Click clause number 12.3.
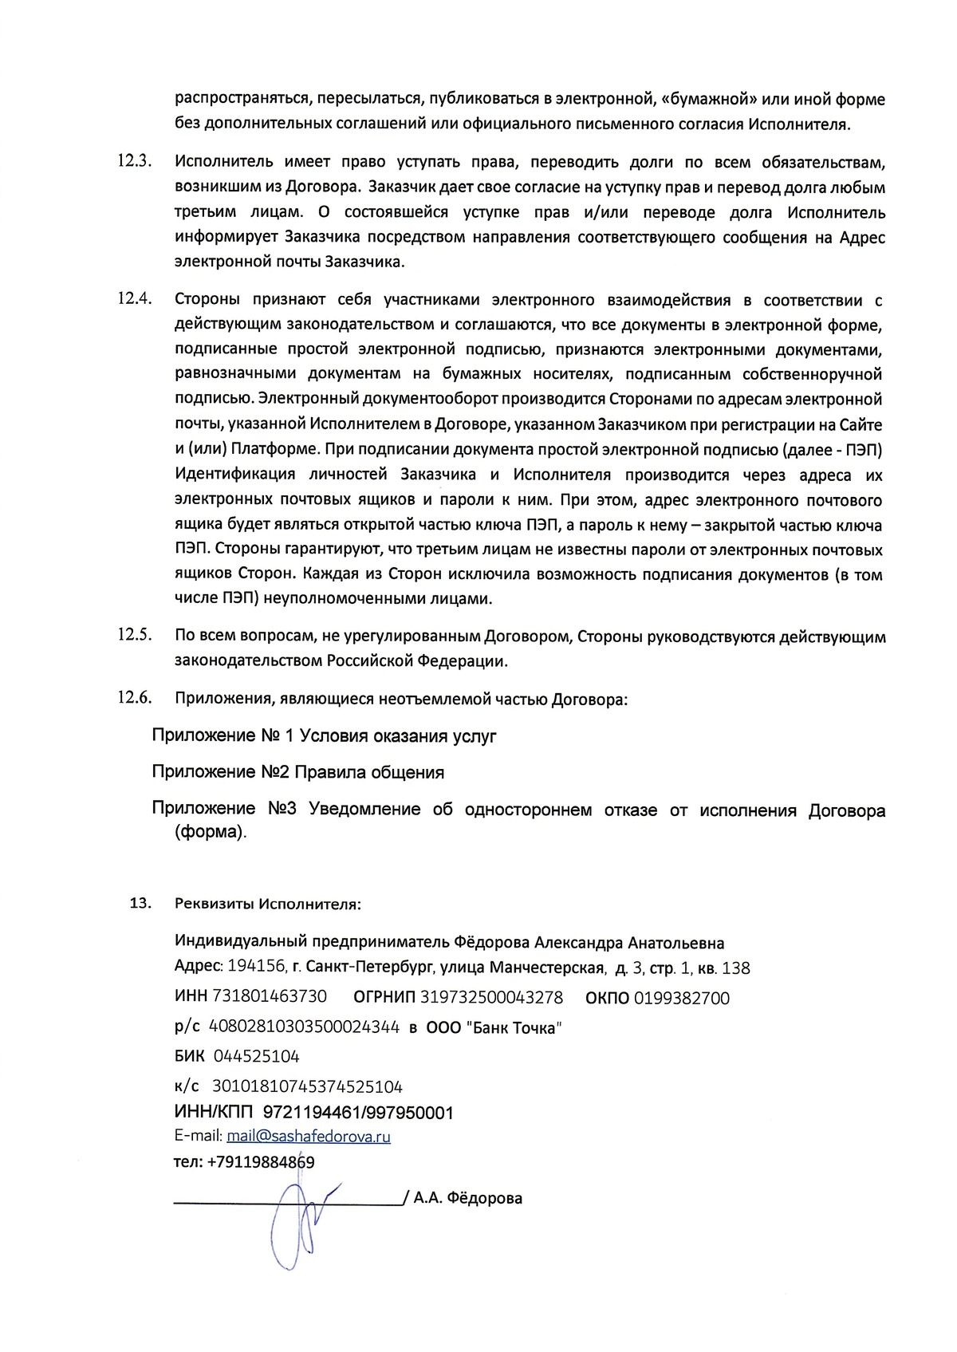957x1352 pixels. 134,160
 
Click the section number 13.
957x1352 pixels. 140,903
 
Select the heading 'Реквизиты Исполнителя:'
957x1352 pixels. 268,904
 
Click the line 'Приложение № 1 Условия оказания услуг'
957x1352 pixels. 324,735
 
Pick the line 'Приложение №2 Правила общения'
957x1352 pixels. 298,772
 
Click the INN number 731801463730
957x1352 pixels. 269,997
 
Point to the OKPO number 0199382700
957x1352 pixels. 682,997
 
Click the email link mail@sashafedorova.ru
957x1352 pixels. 309,1136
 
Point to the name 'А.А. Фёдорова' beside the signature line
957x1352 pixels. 468,1198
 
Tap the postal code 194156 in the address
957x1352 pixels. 256,968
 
